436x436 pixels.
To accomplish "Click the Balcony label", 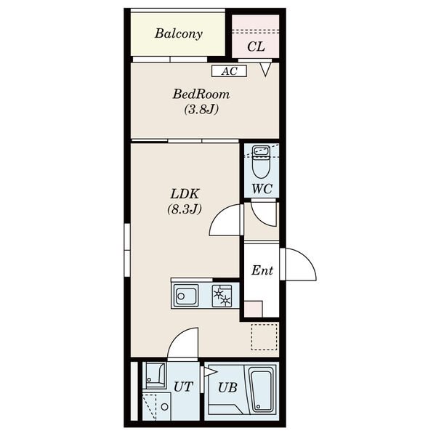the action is click(x=179, y=33).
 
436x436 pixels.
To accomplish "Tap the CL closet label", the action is click(x=256, y=47).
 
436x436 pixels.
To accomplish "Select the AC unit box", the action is click(x=229, y=71).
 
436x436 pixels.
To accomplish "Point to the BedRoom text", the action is click(x=201, y=94).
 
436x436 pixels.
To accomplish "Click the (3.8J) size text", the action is click(x=201, y=109).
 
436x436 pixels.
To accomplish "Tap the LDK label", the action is click(x=185, y=194).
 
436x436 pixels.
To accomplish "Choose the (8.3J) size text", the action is click(x=185, y=209).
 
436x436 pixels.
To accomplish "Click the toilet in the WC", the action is click(x=261, y=162).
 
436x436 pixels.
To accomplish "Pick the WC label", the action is click(x=262, y=189).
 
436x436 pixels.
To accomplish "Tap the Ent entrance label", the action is click(x=262, y=270).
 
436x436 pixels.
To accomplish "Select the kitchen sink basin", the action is click(x=186, y=296).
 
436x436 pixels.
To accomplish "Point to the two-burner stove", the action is click(x=222, y=296).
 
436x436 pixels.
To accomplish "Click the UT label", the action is click(x=183, y=387).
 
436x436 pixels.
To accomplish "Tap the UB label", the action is click(x=227, y=387).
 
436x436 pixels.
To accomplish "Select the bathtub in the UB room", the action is click(x=261, y=389).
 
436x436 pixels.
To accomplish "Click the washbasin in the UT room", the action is click(x=156, y=376).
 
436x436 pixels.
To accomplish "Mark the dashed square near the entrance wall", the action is click(x=265, y=336).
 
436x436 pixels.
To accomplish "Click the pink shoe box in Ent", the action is click(x=253, y=309).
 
